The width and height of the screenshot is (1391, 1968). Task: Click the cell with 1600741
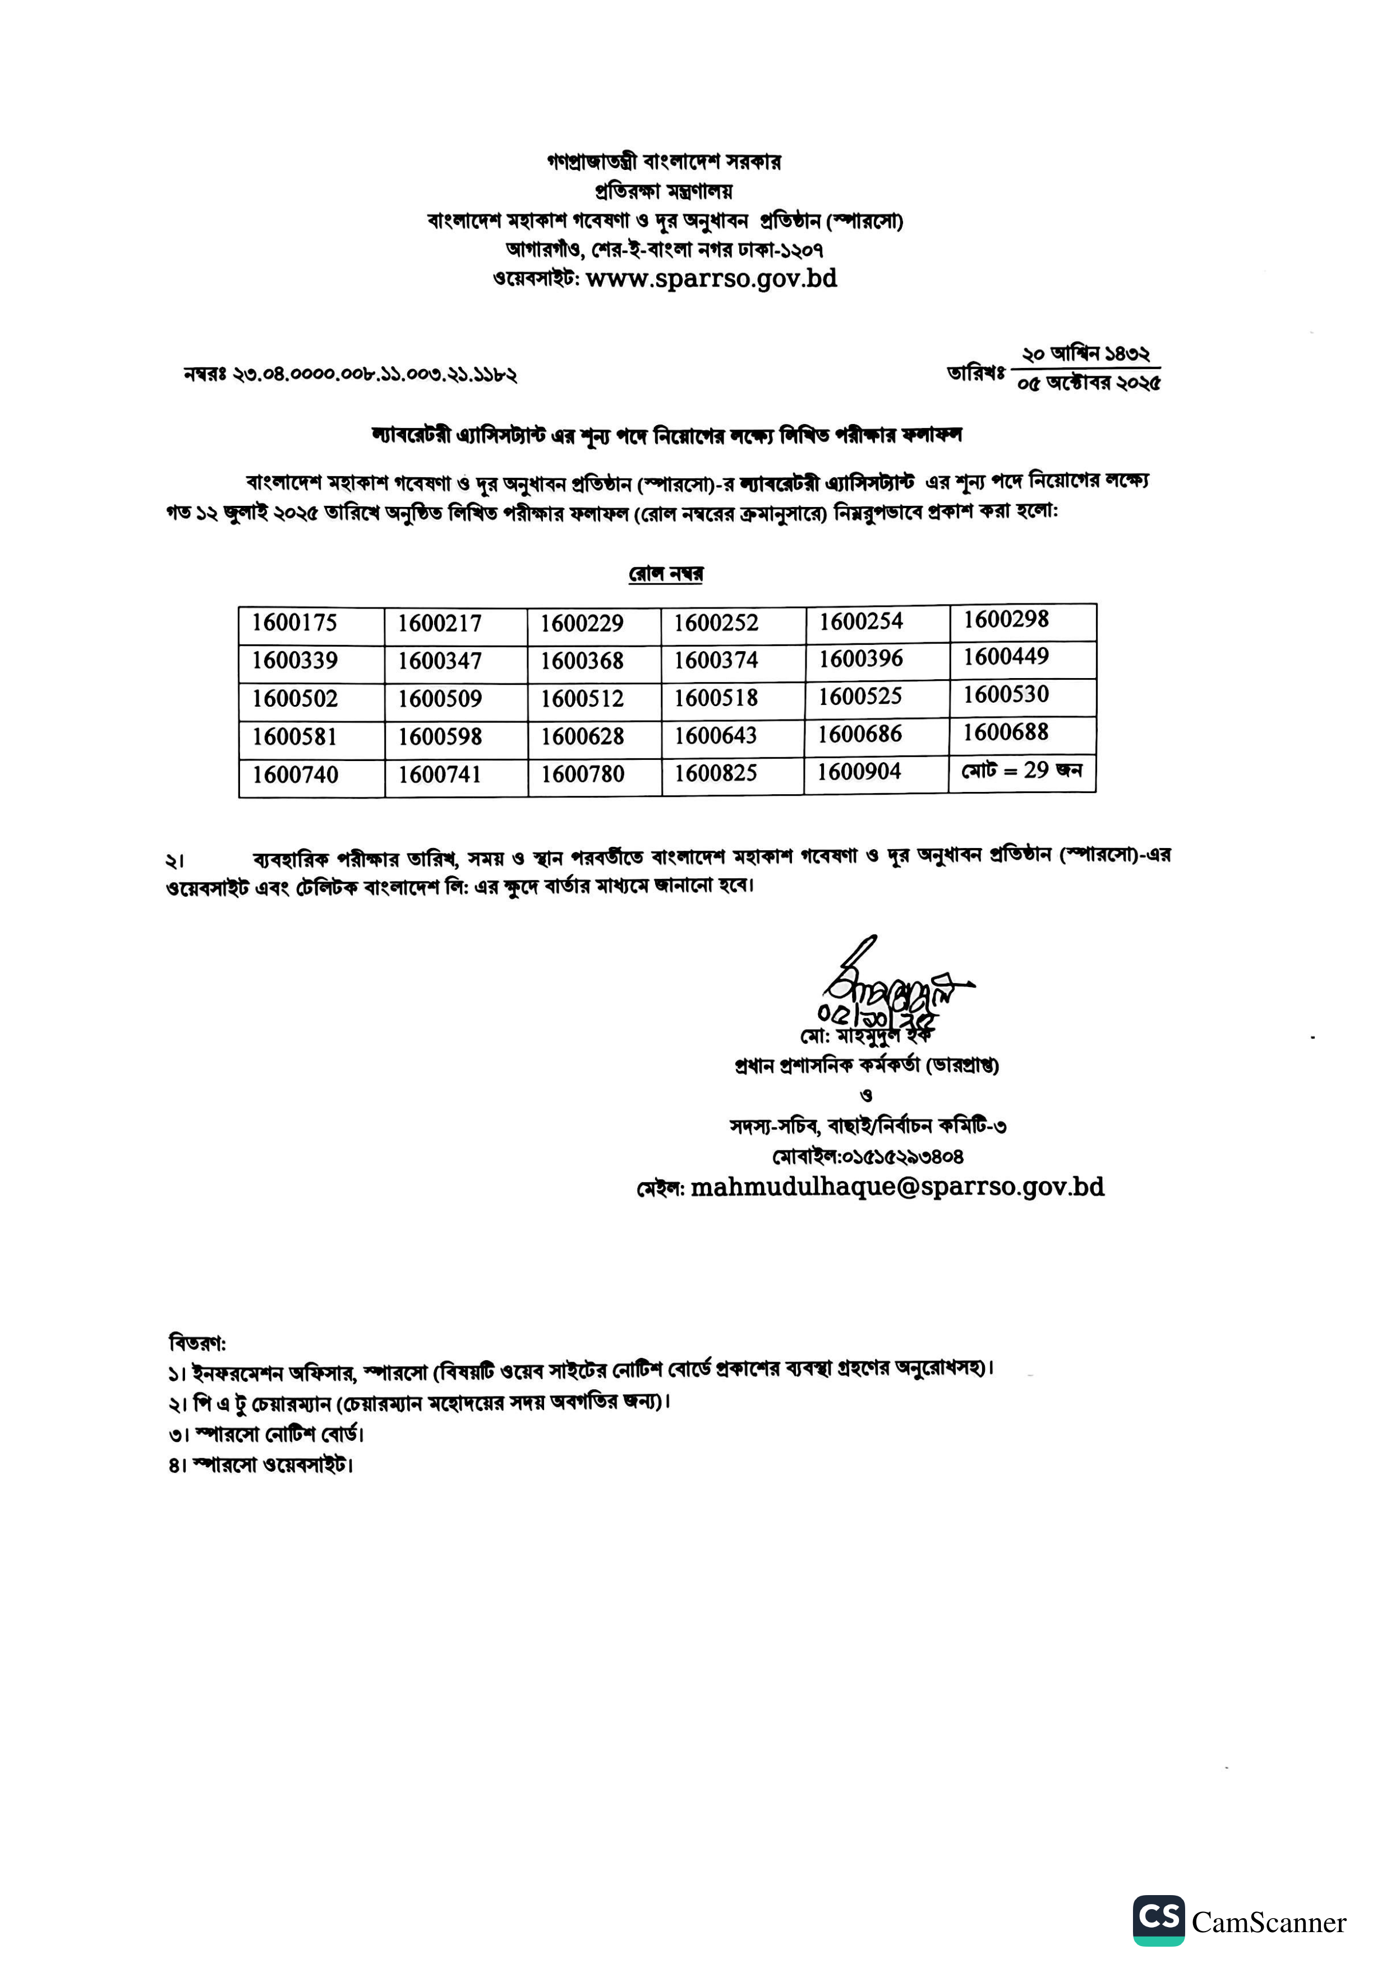[x=440, y=775]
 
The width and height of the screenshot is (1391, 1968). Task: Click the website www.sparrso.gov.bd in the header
[x=711, y=279]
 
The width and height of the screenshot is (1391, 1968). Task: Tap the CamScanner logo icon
[x=1158, y=1920]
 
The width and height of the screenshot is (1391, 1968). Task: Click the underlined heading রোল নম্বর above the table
[x=666, y=573]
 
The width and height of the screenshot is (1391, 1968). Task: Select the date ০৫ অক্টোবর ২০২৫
[x=1089, y=383]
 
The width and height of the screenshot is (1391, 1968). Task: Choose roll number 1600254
[x=860, y=621]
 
